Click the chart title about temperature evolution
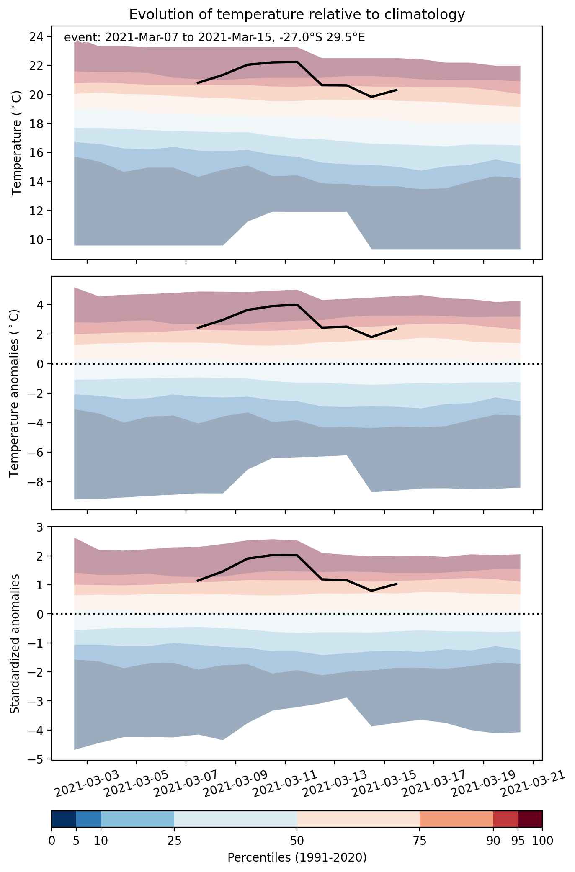(x=297, y=15)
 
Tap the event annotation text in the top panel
(x=214, y=38)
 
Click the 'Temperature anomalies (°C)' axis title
(x=14, y=393)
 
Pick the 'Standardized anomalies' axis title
(x=14, y=643)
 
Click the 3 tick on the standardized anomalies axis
(x=40, y=527)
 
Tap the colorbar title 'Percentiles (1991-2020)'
(x=297, y=857)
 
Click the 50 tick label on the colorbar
(x=297, y=840)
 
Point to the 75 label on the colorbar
(x=420, y=840)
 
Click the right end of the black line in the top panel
(x=397, y=90)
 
